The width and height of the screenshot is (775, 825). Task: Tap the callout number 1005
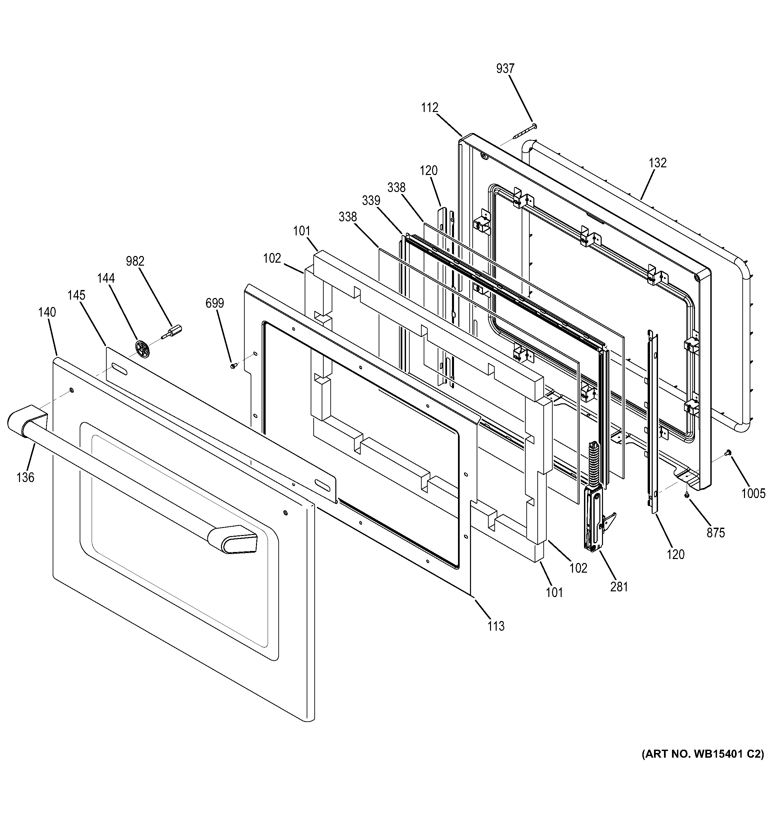pos(753,493)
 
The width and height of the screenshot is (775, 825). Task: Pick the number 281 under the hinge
pos(619,586)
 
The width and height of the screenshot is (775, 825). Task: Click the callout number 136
pos(25,478)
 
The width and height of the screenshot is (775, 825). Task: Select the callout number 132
pos(658,163)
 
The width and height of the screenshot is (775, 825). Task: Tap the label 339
pos(371,201)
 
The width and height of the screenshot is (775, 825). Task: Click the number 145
pos(77,295)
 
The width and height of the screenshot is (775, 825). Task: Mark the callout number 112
pos(429,108)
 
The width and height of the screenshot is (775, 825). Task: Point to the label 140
pos(47,312)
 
